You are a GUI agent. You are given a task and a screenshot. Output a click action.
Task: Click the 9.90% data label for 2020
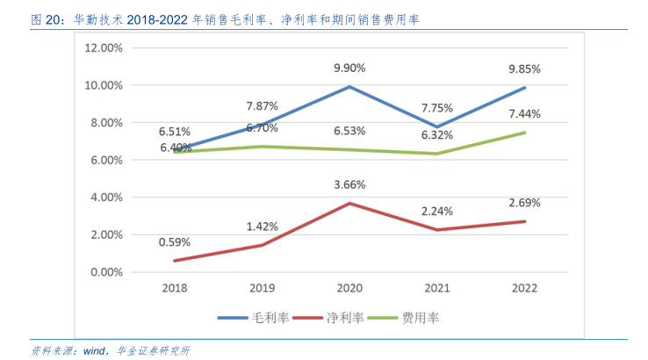[349, 68]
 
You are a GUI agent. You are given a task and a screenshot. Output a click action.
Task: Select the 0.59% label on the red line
[174, 241]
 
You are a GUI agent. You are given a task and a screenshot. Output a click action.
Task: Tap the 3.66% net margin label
[349, 185]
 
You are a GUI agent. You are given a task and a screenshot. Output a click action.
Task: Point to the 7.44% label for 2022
[524, 114]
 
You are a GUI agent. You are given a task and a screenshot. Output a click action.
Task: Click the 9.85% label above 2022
[524, 68]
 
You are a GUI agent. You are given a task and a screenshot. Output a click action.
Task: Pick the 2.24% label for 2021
[436, 211]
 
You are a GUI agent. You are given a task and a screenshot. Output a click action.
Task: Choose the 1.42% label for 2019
[262, 226]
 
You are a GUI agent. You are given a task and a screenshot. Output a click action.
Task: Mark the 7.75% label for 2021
[436, 108]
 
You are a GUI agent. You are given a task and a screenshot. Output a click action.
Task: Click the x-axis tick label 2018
[174, 288]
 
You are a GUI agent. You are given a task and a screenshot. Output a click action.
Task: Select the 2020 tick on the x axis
[349, 288]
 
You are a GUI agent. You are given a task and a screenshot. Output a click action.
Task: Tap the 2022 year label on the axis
[524, 288]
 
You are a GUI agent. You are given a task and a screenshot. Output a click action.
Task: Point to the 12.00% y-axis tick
[104, 48]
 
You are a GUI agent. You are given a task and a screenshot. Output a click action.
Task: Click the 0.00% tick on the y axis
[106, 272]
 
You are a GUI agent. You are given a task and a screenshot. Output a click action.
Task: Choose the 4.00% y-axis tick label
[106, 198]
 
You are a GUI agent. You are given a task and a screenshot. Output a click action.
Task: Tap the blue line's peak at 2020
[349, 87]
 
